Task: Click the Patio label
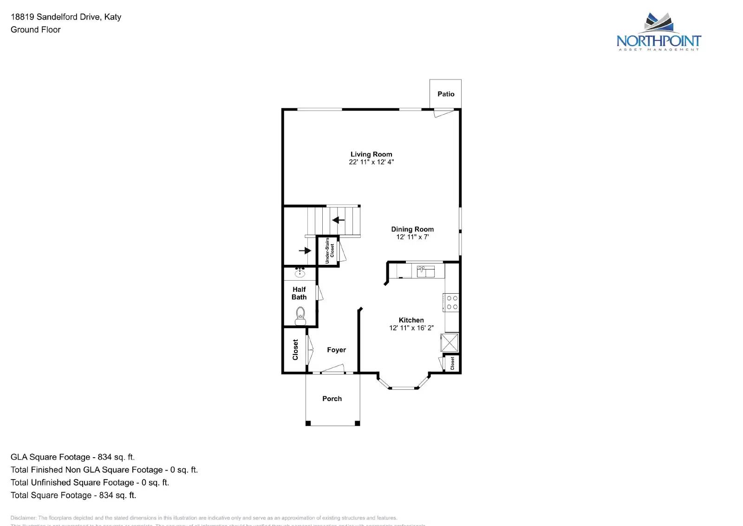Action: tap(446, 94)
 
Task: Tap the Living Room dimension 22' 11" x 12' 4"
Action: tap(371, 162)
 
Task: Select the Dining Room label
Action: tap(412, 229)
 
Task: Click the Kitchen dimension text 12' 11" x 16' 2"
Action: tap(411, 328)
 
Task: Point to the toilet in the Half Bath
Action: tap(300, 316)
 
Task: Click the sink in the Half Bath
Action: tap(300, 273)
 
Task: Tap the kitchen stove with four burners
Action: tap(452, 302)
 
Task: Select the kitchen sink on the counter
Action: tap(425, 271)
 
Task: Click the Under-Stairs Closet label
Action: tap(329, 251)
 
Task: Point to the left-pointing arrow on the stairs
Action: tap(339, 220)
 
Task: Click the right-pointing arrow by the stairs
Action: tap(305, 250)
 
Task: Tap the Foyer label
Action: tap(336, 350)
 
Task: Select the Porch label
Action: tap(332, 399)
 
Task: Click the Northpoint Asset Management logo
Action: tap(658, 33)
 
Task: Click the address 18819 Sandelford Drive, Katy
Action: tap(66, 17)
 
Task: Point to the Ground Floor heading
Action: tap(36, 30)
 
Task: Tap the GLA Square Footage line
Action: tap(73, 457)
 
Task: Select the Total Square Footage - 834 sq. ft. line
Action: tap(73, 495)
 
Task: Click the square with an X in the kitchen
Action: tap(450, 343)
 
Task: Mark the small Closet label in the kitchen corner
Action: tap(452, 363)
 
